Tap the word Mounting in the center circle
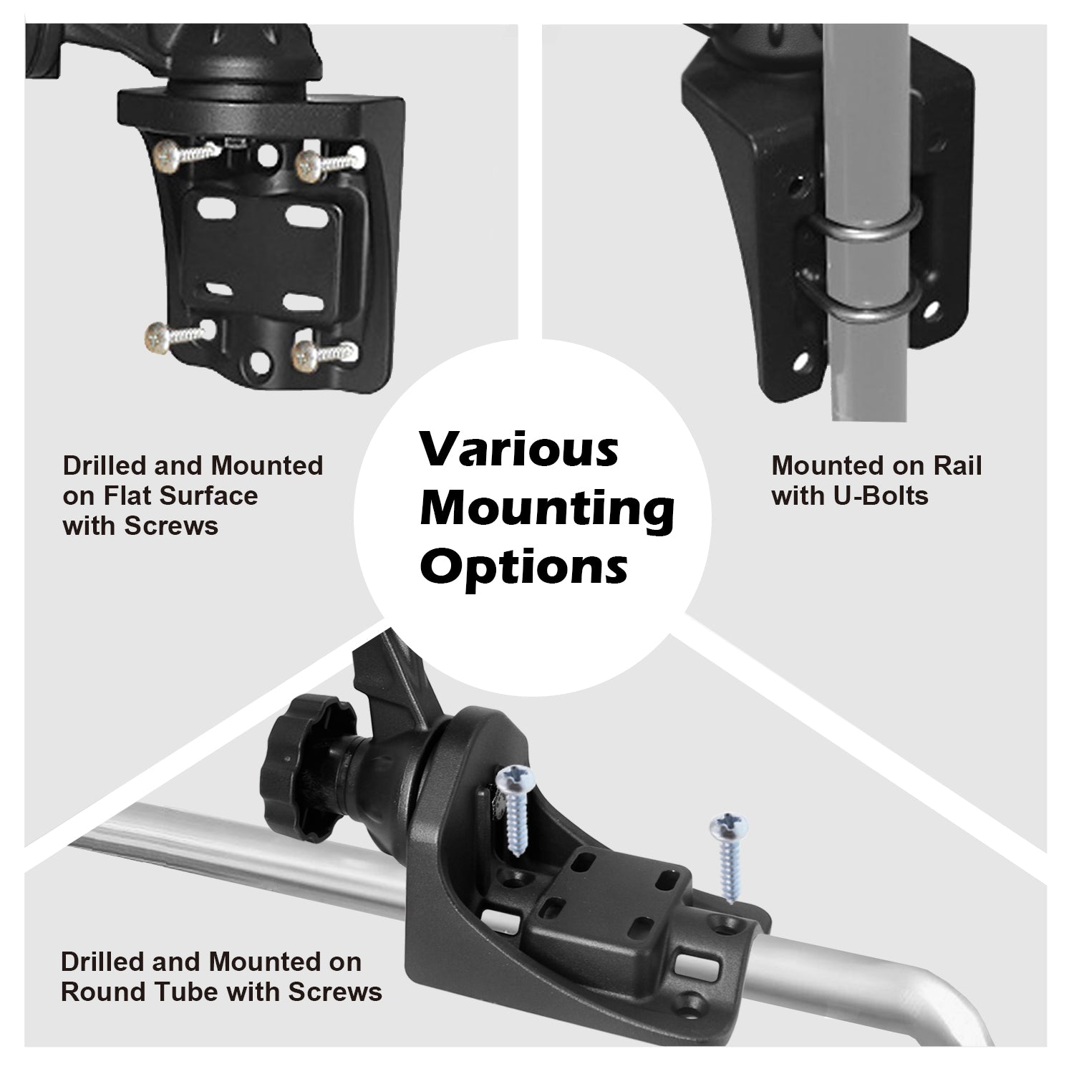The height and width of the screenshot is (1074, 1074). coord(547,511)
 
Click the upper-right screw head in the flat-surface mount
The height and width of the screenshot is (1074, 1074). coord(309,165)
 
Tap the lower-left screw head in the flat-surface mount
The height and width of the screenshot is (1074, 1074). coord(157,337)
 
